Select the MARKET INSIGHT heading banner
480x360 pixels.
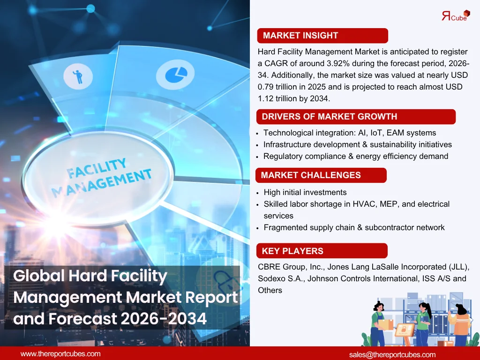click(x=322, y=36)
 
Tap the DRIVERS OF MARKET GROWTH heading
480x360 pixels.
click(x=355, y=117)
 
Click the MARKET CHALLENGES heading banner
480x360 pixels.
click(x=321, y=175)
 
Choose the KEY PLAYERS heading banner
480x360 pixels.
click(x=322, y=251)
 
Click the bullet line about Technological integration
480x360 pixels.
click(x=349, y=133)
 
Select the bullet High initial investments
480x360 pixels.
click(x=305, y=192)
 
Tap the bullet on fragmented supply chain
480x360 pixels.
click(x=354, y=227)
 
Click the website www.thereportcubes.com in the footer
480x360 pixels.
click(x=60, y=354)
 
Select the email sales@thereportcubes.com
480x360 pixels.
click(x=392, y=354)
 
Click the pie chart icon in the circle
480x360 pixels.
click(x=175, y=74)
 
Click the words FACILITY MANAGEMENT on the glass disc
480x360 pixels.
click(x=101, y=178)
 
